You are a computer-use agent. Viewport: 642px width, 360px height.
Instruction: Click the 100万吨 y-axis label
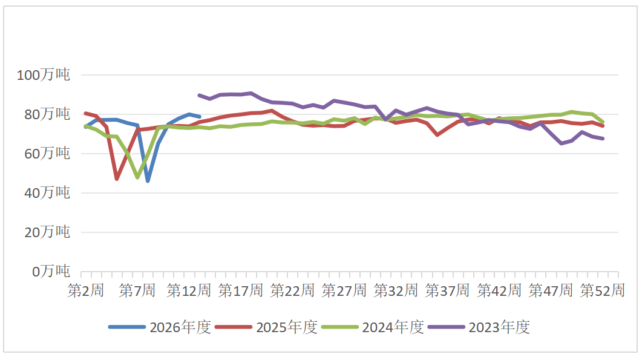44,76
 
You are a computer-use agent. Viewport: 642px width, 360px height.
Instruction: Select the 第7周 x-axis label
137,290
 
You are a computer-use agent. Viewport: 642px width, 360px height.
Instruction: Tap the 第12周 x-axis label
188,290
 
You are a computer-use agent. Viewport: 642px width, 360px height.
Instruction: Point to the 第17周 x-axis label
240,290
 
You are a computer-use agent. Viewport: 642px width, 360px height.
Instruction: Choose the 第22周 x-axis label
292,290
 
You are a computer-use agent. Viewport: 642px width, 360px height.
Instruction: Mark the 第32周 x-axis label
396,290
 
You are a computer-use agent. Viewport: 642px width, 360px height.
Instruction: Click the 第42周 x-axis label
499,290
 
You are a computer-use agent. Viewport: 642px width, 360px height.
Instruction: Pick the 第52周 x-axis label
602,290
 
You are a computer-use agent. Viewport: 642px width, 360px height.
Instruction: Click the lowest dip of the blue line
148,181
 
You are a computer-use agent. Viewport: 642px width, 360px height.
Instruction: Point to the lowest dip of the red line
117,178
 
